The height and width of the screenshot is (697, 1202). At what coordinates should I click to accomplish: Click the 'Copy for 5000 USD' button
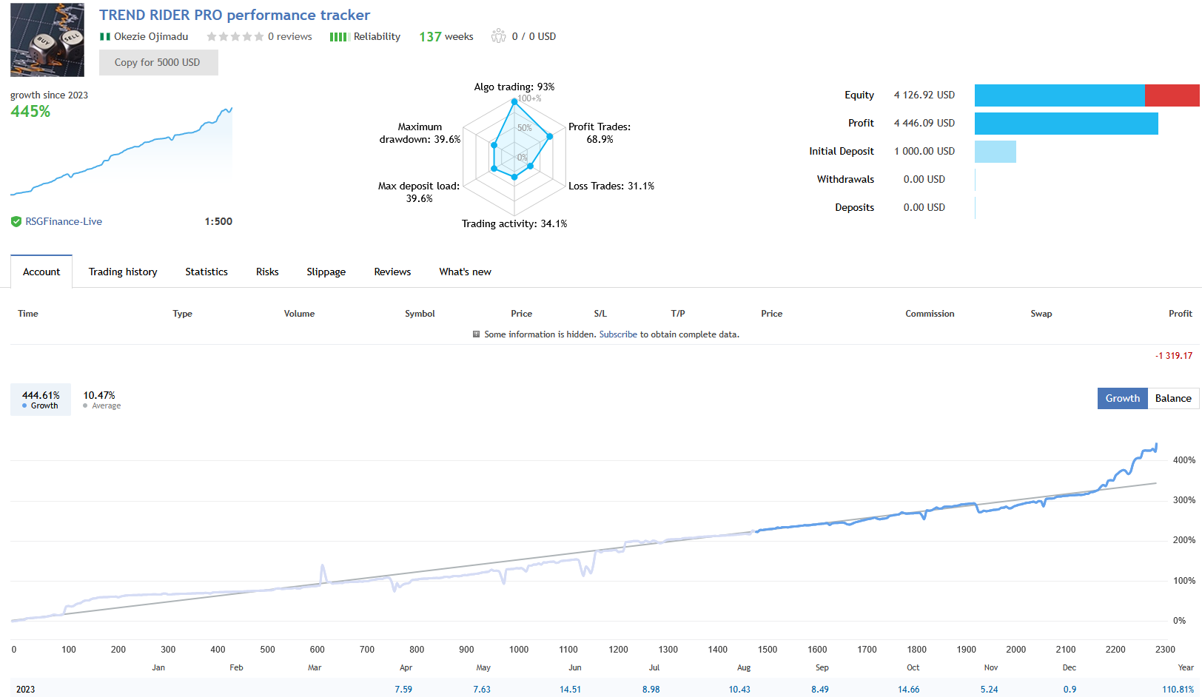[158, 62]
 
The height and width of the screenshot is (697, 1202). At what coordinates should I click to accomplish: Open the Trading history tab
[123, 272]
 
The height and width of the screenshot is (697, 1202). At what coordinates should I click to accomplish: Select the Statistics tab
[207, 272]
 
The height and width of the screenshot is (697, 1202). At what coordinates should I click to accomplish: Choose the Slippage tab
[326, 272]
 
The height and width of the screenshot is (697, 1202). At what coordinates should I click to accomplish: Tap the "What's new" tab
[465, 272]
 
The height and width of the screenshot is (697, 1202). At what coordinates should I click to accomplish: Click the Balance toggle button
[1173, 398]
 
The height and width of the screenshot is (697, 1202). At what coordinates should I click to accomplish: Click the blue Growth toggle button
[1122, 398]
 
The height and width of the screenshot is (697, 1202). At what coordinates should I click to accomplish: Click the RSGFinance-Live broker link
[64, 221]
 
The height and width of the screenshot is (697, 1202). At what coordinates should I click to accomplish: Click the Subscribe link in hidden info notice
[618, 334]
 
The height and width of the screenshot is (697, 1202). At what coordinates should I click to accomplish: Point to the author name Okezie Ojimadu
[151, 36]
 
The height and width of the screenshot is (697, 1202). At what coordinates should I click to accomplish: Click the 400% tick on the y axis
[1184, 460]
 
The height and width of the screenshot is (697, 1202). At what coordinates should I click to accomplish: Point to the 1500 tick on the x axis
[768, 650]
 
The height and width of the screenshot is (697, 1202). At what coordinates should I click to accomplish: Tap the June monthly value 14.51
[570, 689]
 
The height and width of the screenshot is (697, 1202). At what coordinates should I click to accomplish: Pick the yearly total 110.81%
[1178, 689]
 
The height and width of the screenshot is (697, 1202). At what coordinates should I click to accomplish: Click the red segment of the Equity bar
[1172, 95]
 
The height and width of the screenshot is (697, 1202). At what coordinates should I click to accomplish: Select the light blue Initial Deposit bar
[995, 152]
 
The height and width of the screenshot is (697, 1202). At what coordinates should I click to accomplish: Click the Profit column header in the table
[1180, 314]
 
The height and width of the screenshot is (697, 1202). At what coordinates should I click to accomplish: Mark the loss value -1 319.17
[1173, 356]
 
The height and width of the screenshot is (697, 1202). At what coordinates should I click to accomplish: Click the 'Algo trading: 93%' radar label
[514, 87]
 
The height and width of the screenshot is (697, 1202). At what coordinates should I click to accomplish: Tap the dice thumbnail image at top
[47, 40]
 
